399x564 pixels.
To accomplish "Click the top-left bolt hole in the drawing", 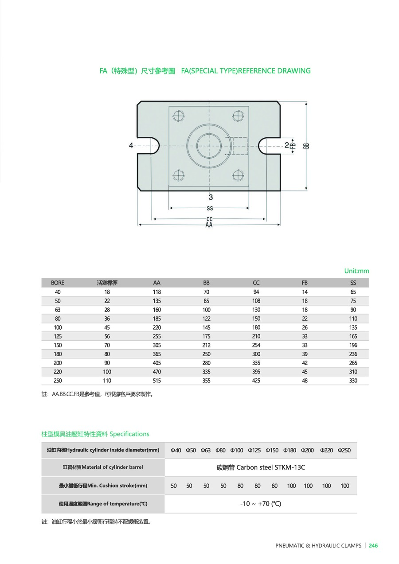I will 179,116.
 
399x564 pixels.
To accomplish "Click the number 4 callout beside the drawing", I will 131,145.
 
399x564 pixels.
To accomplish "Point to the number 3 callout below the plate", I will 211,197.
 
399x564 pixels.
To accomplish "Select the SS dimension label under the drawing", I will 210,208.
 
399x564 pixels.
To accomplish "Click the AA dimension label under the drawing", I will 209,225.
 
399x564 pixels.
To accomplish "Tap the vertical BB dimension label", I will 306,145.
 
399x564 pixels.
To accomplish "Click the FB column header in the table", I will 305,283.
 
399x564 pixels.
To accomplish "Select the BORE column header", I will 58,283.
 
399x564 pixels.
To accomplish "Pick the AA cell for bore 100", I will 157,327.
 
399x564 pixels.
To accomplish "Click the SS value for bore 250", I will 353,381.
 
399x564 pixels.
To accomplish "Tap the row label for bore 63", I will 58,310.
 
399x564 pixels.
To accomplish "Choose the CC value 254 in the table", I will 256,345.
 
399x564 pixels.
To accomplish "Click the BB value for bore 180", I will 207,354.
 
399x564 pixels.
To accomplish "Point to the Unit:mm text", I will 356,271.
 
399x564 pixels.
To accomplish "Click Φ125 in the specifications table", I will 254,450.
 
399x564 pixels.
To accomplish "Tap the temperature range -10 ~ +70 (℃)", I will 261,504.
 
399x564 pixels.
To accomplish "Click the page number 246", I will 373,546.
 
